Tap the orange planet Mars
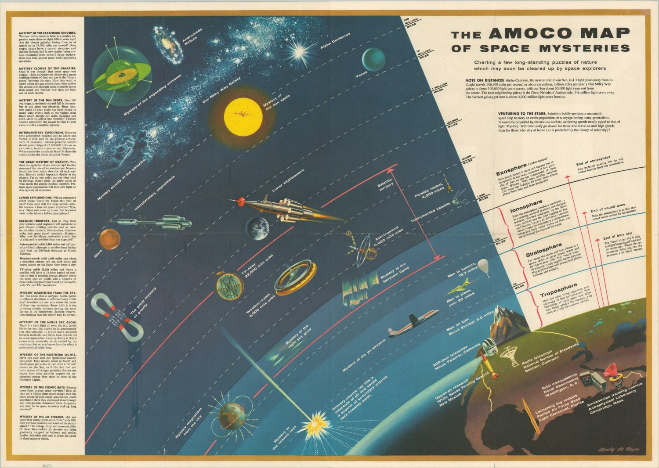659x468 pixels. click(109, 239)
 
